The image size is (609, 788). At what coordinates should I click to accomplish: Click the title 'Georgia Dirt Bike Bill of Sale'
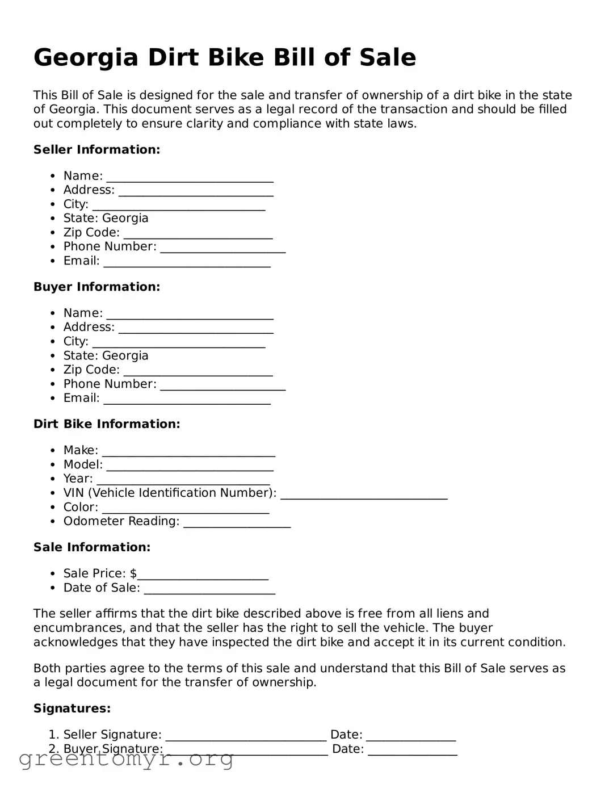click(x=225, y=57)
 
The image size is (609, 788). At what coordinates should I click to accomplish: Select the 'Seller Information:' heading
click(x=96, y=149)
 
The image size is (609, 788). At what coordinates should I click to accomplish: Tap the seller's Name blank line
click(x=190, y=177)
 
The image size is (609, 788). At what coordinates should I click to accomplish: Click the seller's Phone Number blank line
click(x=222, y=248)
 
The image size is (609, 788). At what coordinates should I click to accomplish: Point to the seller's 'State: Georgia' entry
click(x=106, y=218)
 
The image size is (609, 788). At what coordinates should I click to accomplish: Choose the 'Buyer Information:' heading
click(x=96, y=287)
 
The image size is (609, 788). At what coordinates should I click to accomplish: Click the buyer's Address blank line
click(x=196, y=329)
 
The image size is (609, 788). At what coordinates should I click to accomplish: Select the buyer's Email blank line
click(x=187, y=400)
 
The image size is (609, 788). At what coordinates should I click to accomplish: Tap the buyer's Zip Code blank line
click(x=198, y=371)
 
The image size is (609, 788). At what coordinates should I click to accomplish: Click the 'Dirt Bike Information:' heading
click(x=107, y=424)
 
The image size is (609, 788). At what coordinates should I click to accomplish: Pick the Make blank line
click(x=188, y=452)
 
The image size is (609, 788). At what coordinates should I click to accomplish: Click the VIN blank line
click(x=364, y=494)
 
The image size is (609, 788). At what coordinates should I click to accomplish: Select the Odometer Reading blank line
click(x=237, y=523)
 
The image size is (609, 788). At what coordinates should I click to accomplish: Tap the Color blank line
click(x=186, y=509)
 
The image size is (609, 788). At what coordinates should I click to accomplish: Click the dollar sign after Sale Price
click(x=133, y=573)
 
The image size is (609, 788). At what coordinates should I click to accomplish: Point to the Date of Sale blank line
click(x=209, y=589)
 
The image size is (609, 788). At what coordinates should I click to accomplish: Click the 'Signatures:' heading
click(x=72, y=708)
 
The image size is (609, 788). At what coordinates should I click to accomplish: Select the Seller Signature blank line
click(x=246, y=736)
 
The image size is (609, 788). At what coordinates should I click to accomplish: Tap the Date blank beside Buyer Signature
click(x=413, y=751)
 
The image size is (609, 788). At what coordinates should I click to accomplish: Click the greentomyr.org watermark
click(x=126, y=758)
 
